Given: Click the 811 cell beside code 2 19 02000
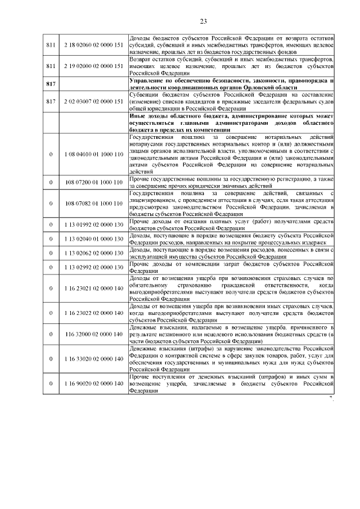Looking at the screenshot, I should coord(51,66).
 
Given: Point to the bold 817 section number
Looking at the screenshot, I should coord(51,83).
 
